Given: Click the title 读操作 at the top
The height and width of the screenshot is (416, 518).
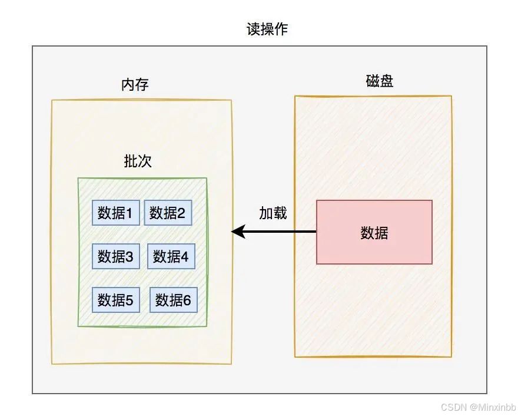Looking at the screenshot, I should tap(267, 29).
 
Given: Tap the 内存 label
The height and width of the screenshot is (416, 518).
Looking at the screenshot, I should tap(135, 85).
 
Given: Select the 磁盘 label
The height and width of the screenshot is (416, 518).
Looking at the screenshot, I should tap(379, 81).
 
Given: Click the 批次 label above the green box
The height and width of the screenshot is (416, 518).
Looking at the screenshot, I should tap(137, 161).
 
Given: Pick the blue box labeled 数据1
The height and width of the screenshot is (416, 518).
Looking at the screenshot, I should tap(115, 213).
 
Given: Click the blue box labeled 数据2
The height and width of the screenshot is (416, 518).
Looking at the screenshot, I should tap(168, 213).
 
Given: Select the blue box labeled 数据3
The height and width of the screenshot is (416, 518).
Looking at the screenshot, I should tap(115, 256).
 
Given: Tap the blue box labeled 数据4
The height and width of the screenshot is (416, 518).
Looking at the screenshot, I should tap(171, 256).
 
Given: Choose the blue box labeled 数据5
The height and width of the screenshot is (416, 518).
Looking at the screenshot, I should tap(115, 300).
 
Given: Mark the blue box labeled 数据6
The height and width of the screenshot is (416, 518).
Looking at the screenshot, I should tap(173, 300).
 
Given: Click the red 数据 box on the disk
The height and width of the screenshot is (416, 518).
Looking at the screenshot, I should tap(374, 232).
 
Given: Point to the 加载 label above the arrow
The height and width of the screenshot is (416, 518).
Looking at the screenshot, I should tap(273, 213).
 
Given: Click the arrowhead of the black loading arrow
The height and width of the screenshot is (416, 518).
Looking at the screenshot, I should tap(237, 232).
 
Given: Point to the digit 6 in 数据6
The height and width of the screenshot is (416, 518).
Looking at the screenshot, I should tap(187, 301).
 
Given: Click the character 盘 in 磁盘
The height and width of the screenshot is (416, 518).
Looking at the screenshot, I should tap(386, 81).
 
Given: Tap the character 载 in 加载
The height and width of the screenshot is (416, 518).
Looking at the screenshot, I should tap(280, 213).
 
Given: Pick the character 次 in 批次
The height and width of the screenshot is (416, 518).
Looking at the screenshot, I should tap(144, 161).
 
